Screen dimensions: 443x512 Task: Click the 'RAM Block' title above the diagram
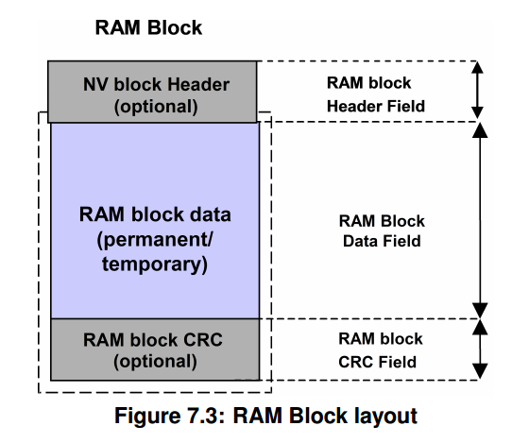pos(148,27)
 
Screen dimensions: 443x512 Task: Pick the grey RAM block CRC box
pos(155,349)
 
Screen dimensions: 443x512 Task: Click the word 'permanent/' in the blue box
pos(155,240)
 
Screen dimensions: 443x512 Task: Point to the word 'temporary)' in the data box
pos(155,264)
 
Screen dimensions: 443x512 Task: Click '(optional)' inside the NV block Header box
pos(155,106)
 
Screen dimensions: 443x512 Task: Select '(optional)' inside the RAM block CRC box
pos(155,361)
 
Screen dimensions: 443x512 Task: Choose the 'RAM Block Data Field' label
pos(381,231)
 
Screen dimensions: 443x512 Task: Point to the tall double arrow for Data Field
pos(481,219)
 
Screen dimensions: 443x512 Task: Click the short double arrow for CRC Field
pos(481,349)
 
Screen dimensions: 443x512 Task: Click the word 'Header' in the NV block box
pos(196,83)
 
